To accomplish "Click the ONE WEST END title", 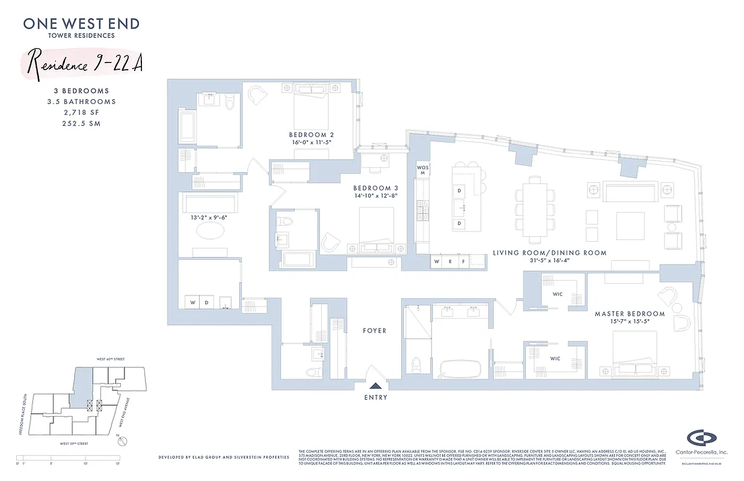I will tap(81, 24).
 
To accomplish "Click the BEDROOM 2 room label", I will tap(311, 135).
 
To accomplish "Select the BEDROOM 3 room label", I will tap(375, 188).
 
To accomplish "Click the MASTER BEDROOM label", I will tap(629, 314).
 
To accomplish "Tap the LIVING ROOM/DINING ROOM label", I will tap(549, 253).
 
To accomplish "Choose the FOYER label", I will tap(374, 331).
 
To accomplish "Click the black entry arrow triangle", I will tap(375, 387).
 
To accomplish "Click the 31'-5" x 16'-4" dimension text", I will tap(549, 262).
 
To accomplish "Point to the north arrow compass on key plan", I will tap(123, 441).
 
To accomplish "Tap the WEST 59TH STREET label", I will tap(72, 444).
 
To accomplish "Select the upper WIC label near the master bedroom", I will tap(559, 295).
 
